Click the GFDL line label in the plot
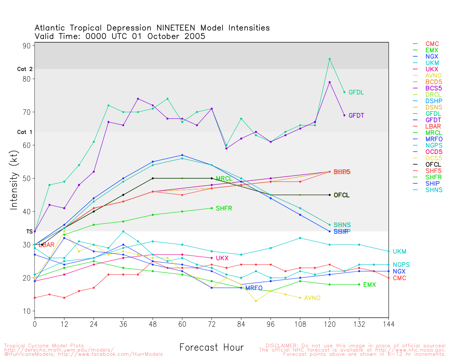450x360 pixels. pos(356,92)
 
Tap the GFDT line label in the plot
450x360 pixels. pos(356,116)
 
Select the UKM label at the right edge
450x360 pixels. pos(399,252)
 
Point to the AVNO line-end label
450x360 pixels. pos(312,298)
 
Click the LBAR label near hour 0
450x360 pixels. pos(49,245)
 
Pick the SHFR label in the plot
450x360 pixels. pos(224,208)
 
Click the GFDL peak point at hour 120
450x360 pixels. pos(329,59)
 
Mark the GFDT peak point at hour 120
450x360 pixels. pos(329,82)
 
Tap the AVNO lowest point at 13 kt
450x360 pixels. pos(256,301)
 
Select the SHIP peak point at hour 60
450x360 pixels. pos(182,155)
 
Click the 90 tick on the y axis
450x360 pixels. pos(27,46)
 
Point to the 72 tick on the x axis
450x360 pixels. pos(212,324)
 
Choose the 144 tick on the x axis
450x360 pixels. pos(388,324)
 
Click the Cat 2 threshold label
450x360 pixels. pos(25,69)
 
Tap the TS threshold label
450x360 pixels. pos(29,232)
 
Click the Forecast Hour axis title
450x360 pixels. pos(211,348)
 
